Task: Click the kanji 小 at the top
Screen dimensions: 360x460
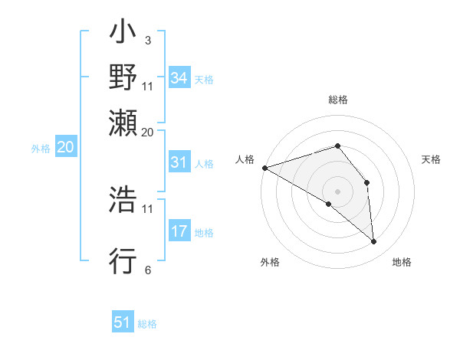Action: (123, 34)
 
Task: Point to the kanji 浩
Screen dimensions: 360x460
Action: (123, 200)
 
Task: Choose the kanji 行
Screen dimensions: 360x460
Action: (123, 261)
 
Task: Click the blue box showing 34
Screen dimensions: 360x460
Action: (179, 78)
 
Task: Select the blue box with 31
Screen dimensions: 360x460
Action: (179, 162)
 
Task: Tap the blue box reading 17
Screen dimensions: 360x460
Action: (179, 231)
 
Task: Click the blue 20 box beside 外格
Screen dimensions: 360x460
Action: (64, 148)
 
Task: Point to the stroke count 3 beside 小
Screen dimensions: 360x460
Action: (147, 39)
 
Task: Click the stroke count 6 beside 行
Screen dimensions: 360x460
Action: (147, 270)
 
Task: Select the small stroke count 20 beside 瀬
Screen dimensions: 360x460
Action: (147, 131)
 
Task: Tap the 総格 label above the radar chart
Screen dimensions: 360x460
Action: (338, 100)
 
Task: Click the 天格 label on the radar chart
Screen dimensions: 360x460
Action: (432, 159)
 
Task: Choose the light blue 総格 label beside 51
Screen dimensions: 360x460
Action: (147, 324)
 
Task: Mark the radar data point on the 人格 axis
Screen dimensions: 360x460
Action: (264, 167)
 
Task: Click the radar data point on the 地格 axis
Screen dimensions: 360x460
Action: (373, 242)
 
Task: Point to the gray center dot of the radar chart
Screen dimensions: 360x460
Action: (337, 191)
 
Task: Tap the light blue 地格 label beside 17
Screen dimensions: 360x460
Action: (204, 232)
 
